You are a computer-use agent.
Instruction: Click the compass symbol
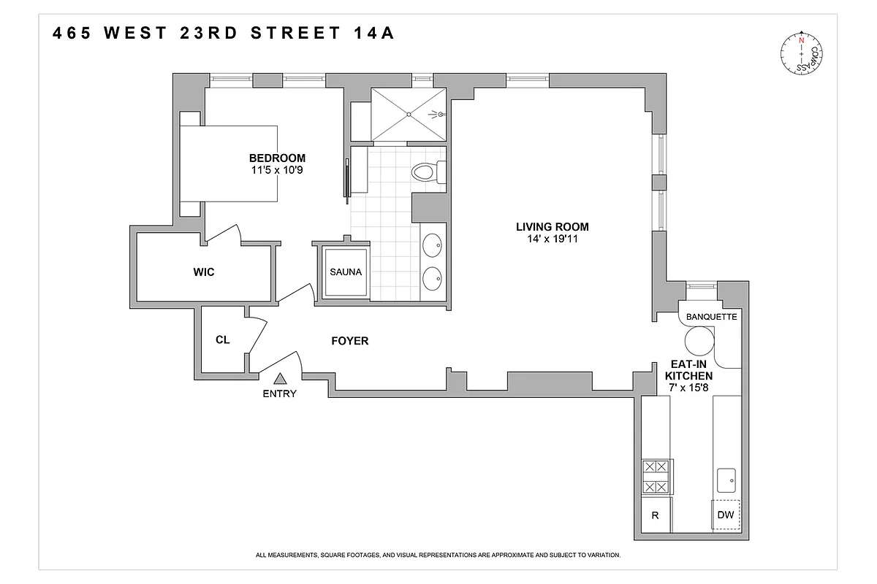tap(801, 54)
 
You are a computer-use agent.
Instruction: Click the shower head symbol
tap(437, 114)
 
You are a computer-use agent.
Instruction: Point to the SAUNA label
tap(346, 272)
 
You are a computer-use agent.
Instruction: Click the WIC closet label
tap(204, 272)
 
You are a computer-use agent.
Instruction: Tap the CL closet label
tap(223, 339)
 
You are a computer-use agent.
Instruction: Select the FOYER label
tap(350, 341)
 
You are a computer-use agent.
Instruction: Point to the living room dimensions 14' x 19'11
tap(553, 239)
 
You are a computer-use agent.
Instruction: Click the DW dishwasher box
tap(725, 515)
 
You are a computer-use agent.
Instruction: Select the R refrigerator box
tap(656, 515)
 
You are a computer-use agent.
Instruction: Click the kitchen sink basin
tap(727, 480)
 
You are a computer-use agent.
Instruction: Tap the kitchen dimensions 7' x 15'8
tap(687, 388)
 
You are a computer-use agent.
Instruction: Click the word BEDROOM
tap(277, 158)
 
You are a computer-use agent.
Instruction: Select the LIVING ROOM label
tap(553, 226)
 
